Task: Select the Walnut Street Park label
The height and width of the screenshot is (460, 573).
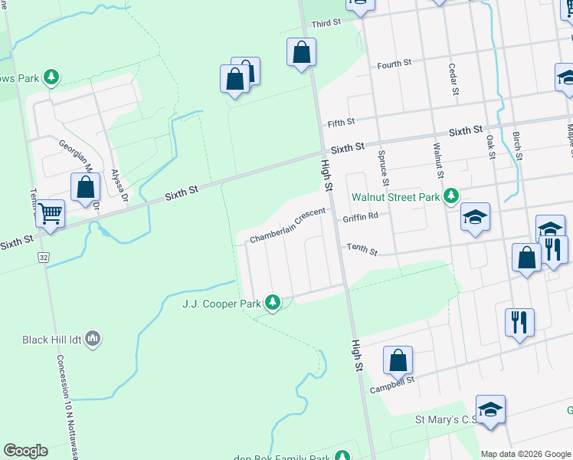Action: tap(395, 197)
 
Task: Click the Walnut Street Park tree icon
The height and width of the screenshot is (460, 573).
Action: tap(450, 196)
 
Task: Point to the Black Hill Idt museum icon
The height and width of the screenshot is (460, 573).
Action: tap(93, 338)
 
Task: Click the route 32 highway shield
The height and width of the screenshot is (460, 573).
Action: tap(42, 258)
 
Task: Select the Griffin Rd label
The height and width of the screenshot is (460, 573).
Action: tap(361, 217)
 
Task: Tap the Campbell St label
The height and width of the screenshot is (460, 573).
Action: tap(391, 380)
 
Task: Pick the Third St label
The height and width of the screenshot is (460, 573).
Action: tap(326, 24)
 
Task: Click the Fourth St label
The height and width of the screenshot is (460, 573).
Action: tap(395, 64)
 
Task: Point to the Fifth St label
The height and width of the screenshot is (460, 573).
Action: tap(341, 122)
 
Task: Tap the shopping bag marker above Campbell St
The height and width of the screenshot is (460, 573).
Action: tap(398, 360)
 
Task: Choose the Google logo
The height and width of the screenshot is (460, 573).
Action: tap(25, 451)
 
